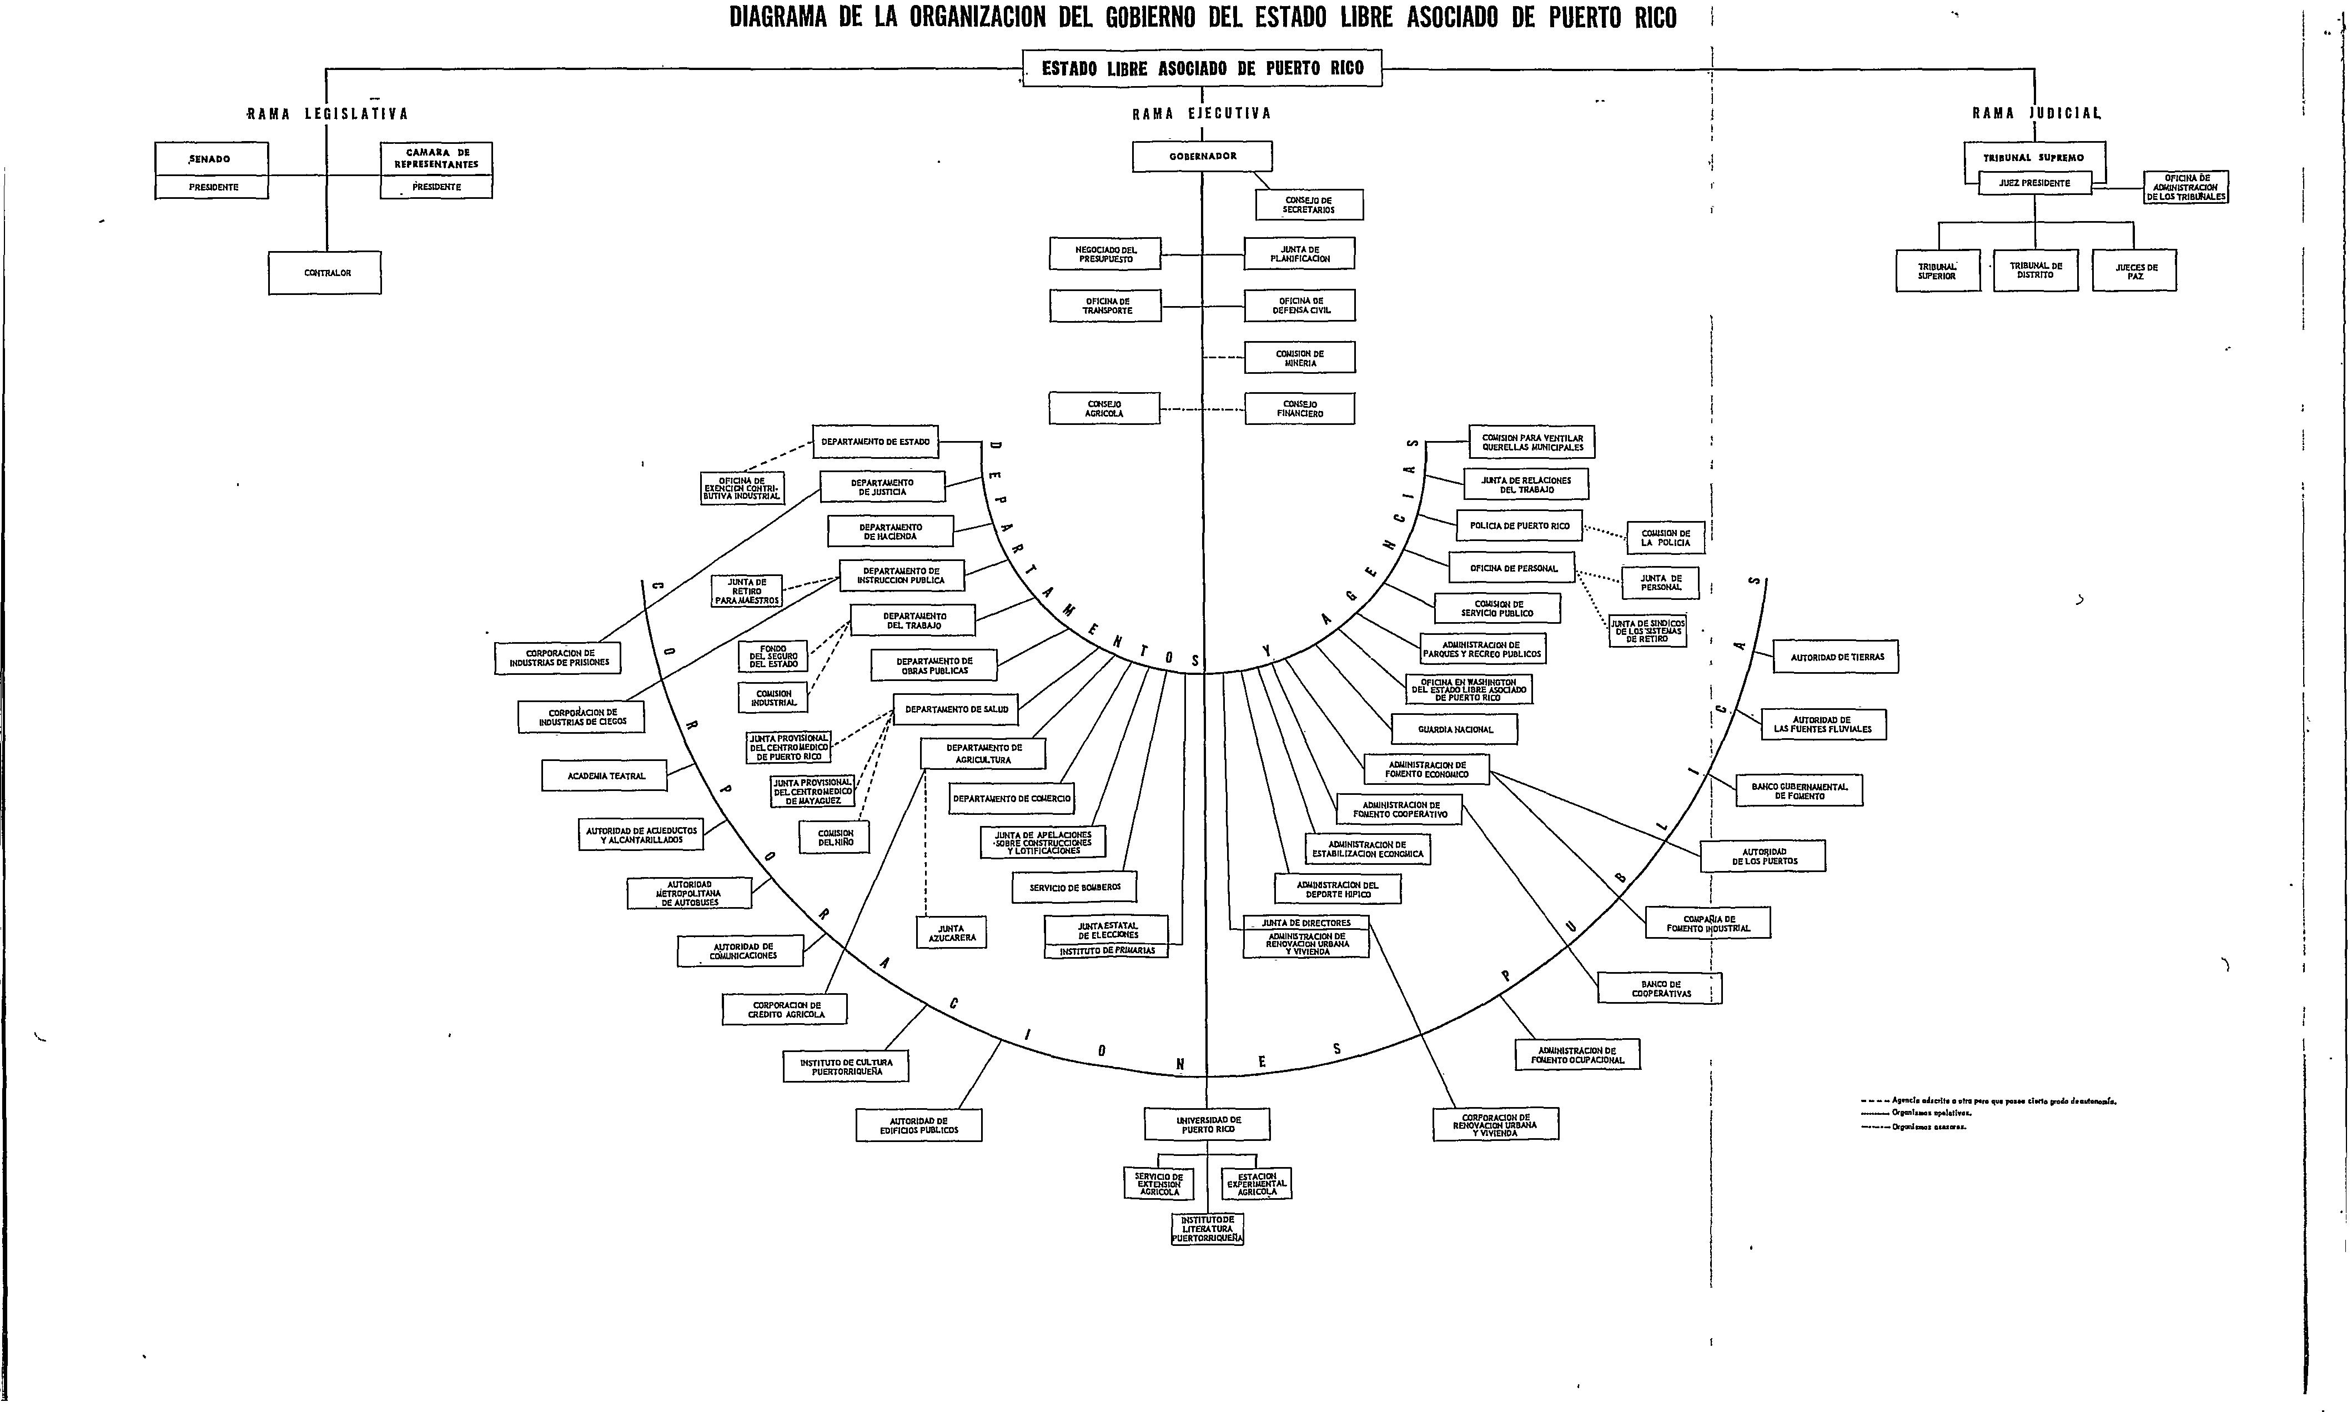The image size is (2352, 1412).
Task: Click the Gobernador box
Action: point(1202,156)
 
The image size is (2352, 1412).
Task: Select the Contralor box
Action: point(325,273)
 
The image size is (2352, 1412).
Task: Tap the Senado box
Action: point(211,159)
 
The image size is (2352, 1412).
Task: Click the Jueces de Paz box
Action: point(2135,271)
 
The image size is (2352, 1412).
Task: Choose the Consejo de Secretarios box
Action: point(1309,204)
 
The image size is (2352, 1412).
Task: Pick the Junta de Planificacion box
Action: point(1299,254)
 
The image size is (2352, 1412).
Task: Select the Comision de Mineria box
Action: point(1299,358)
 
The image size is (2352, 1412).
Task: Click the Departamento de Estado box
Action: point(875,442)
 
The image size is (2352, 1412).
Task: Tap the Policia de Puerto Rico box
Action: point(1519,525)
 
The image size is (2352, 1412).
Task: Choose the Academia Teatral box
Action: point(605,775)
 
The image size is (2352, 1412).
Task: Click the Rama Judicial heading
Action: point(2036,113)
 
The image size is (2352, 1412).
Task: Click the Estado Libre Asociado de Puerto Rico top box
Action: point(1202,68)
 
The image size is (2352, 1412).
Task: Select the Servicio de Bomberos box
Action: point(1075,887)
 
